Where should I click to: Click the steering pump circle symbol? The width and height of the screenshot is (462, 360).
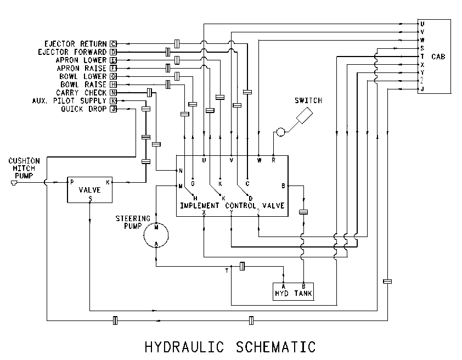pyautogui.click(x=144, y=235)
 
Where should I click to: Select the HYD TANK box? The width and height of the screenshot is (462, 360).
pyautogui.click(x=293, y=291)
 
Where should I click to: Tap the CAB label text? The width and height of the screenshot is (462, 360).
pyautogui.click(x=438, y=57)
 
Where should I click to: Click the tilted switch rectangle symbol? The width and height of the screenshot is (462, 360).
pyautogui.click(x=305, y=115)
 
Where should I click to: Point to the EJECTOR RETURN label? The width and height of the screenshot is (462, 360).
pyautogui.click(x=75, y=44)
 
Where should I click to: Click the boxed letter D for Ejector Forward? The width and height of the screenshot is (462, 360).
pyautogui.click(x=114, y=52)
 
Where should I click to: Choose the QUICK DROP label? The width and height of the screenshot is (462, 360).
pyautogui.click(x=84, y=109)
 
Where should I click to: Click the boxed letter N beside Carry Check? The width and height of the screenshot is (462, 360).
pyautogui.click(x=114, y=93)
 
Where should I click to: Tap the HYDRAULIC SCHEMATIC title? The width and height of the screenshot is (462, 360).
pyautogui.click(x=230, y=347)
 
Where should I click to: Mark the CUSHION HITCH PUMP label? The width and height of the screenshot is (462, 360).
pyautogui.click(x=24, y=168)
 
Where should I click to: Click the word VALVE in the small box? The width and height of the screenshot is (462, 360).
pyautogui.click(x=89, y=190)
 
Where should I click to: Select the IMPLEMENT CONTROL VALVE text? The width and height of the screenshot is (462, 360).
pyautogui.click(x=232, y=205)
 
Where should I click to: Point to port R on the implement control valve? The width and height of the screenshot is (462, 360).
pyautogui.click(x=273, y=160)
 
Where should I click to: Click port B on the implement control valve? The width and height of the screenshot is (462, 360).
pyautogui.click(x=283, y=186)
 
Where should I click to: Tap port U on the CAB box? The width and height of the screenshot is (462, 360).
pyautogui.click(x=422, y=24)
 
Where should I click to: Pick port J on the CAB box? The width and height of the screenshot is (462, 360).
pyautogui.click(x=422, y=89)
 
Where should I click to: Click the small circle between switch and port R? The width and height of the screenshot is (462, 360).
pyautogui.click(x=281, y=132)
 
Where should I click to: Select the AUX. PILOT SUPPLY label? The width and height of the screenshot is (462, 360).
pyautogui.click(x=69, y=101)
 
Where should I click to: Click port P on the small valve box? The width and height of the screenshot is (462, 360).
pyautogui.click(x=72, y=182)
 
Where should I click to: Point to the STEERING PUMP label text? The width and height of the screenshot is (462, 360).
pyautogui.click(x=133, y=222)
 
